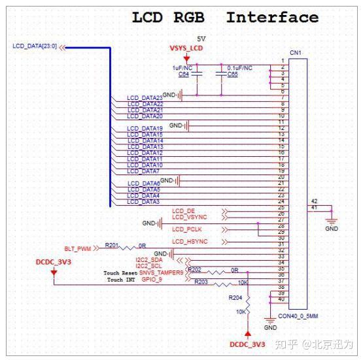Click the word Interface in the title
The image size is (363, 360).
271,17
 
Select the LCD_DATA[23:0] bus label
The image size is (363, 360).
35,46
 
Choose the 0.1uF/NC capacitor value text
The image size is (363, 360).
239,67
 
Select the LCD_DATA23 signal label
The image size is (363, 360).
145,98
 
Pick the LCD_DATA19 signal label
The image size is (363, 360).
145,129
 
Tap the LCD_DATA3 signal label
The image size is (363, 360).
143,202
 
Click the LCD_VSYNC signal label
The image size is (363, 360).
189,216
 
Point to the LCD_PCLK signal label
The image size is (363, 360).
188,229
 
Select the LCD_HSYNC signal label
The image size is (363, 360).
190,241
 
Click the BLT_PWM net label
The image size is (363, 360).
78,248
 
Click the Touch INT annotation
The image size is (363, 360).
120,280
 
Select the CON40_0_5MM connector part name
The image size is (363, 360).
299,317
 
